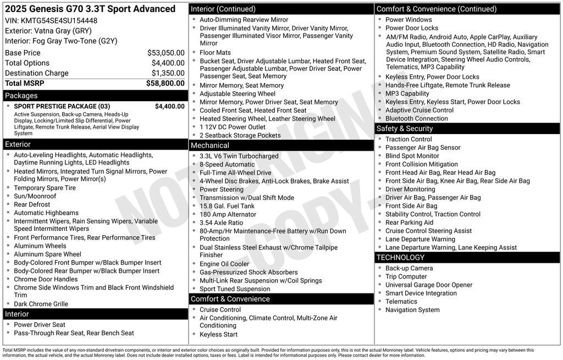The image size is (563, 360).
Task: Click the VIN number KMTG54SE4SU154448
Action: (59, 20)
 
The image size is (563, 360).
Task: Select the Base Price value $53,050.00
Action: (165, 53)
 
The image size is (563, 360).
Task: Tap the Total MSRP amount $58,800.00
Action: (165, 83)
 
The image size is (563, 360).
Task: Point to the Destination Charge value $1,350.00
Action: (168, 73)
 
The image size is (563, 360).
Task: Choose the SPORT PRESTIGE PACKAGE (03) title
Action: (62, 106)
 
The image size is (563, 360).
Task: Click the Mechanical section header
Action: (209, 145)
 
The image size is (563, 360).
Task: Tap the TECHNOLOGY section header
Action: (400, 257)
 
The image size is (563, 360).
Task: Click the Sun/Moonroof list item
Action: (35, 196)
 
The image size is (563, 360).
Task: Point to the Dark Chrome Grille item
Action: (41, 304)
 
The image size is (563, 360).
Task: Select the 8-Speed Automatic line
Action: (227, 164)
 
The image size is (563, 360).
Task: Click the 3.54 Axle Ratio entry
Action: (221, 223)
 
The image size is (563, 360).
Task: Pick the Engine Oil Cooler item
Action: (224, 264)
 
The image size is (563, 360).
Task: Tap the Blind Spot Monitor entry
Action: (412, 156)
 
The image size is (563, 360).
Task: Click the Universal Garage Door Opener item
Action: (429, 285)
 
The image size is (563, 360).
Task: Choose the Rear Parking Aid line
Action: (409, 223)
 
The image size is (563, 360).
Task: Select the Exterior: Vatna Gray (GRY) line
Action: (48, 31)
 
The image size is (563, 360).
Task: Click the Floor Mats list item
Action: (215, 53)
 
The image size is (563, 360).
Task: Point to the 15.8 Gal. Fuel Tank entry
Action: (227, 206)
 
